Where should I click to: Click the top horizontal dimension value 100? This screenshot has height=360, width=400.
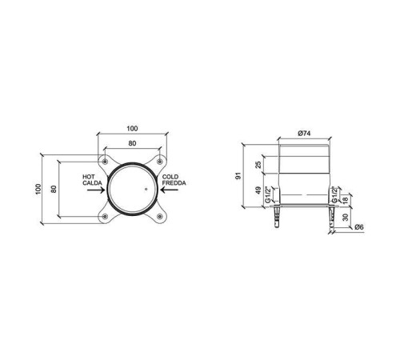[x=132, y=129]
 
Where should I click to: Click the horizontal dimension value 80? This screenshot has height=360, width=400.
[x=132, y=143]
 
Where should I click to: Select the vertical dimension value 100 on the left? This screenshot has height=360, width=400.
[x=38, y=189]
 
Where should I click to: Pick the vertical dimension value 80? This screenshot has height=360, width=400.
[x=54, y=189]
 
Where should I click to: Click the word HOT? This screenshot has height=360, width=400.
[x=89, y=177]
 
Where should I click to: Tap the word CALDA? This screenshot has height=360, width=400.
[x=92, y=183]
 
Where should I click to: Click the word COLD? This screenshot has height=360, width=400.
[x=170, y=177]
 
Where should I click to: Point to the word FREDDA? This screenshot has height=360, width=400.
[x=174, y=183]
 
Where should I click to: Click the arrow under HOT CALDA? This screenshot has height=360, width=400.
[x=96, y=190]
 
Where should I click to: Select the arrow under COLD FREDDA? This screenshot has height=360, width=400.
[x=170, y=190]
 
